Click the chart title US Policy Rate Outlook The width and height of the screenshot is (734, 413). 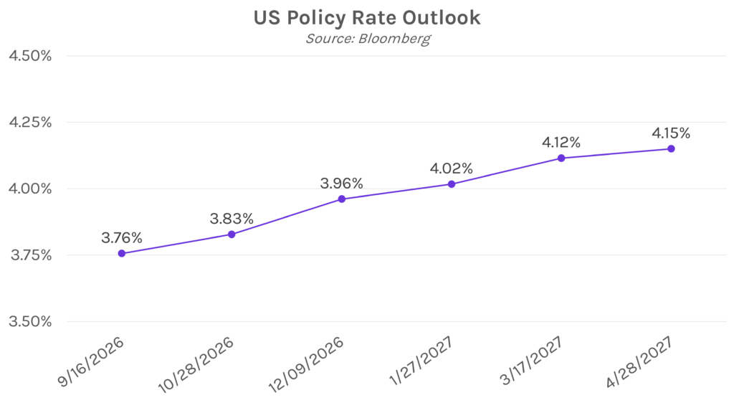[367, 18]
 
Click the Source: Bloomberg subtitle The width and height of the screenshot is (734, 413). [368, 39]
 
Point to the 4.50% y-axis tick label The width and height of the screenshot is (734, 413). [30, 56]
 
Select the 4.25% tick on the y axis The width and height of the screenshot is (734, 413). [30, 123]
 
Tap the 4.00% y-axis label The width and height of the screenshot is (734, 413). [30, 189]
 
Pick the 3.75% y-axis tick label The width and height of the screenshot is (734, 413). [30, 255]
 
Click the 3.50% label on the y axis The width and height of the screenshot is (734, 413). [30, 322]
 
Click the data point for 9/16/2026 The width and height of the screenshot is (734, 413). [122, 253]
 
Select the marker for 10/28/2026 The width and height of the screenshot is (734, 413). [232, 234]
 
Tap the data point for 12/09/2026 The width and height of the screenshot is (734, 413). [342, 199]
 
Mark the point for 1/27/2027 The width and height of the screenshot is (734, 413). [452, 184]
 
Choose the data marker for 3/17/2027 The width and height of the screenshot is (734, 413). [561, 158]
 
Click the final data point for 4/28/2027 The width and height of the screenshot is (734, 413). [671, 149]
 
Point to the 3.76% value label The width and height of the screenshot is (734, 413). [122, 238]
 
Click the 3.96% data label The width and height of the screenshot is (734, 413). [342, 184]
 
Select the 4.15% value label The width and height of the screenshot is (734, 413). [671, 133]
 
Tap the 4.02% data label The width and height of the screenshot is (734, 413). [452, 168]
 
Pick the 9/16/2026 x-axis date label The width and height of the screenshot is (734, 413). [91, 361]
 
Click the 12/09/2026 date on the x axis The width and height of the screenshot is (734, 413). [306, 365]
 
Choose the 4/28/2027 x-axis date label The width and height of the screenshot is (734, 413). [639, 362]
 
